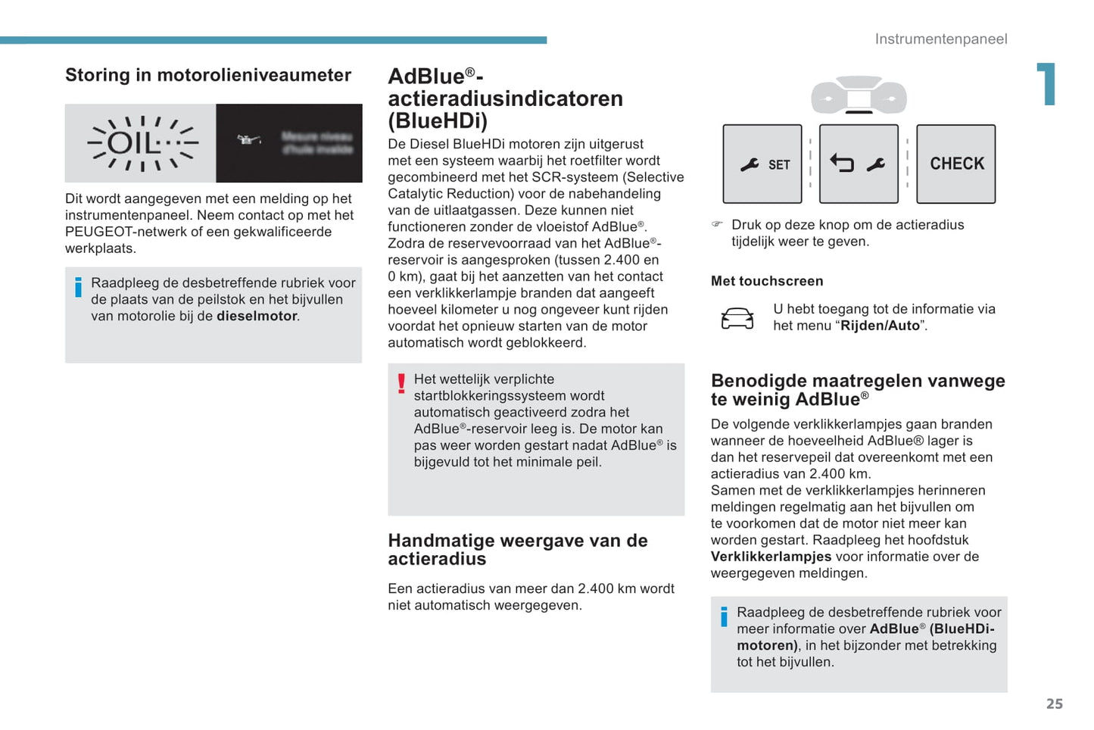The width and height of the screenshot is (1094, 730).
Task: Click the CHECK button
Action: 955,164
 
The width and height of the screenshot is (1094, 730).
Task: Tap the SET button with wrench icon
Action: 762,164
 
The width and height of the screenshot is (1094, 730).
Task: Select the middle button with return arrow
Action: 859,164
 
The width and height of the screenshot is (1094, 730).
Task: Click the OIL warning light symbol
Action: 142,143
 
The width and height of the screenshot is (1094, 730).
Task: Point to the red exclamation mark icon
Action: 401,383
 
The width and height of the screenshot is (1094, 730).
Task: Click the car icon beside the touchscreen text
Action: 737,318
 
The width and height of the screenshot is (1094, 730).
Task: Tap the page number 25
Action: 1054,703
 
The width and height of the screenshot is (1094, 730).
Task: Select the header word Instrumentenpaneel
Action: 940,39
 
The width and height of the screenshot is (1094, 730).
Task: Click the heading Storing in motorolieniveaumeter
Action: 208,75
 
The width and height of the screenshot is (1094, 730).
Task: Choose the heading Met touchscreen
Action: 766,281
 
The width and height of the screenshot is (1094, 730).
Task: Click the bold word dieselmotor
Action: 257,316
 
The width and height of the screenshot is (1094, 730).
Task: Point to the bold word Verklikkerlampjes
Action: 771,557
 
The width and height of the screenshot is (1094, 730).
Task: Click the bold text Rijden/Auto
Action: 879,326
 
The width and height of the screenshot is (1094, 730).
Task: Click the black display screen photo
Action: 289,143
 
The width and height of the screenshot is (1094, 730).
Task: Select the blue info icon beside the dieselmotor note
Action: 78,287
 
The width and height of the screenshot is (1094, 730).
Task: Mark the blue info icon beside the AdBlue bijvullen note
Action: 724,616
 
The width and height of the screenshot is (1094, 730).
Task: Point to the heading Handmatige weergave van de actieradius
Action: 517,550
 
